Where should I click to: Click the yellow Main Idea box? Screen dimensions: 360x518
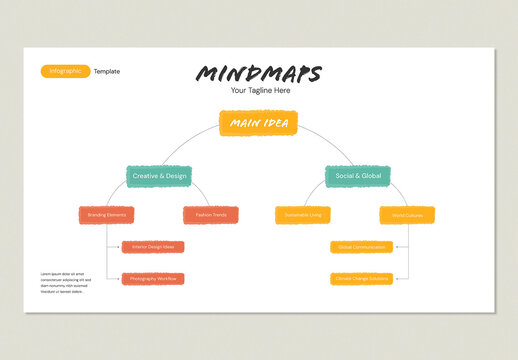(258, 123)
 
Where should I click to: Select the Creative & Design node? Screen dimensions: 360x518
(159, 176)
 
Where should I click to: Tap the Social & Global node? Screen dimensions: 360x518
(357, 176)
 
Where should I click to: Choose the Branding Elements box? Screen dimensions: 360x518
(106, 215)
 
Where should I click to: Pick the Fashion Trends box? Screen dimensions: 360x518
(211, 215)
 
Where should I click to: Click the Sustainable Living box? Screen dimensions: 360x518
(303, 215)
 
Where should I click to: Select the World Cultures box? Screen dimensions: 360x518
(407, 215)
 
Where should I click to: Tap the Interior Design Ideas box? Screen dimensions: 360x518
(153, 247)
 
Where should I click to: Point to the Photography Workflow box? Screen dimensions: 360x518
(153, 279)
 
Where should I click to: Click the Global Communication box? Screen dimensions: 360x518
(361, 247)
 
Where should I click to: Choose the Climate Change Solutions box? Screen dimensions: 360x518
(361, 279)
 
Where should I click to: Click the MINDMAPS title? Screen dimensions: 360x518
(259, 74)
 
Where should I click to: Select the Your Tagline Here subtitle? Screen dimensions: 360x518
(260, 91)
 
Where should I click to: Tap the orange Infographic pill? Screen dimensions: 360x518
(65, 71)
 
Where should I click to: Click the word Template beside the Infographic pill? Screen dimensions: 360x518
(107, 72)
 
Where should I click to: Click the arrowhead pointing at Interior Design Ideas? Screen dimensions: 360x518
(120, 247)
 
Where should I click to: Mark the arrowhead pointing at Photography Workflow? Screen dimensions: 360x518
(120, 279)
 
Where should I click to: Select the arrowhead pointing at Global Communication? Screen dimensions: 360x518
(395, 247)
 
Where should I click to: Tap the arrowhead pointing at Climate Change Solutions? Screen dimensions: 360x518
(395, 279)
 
